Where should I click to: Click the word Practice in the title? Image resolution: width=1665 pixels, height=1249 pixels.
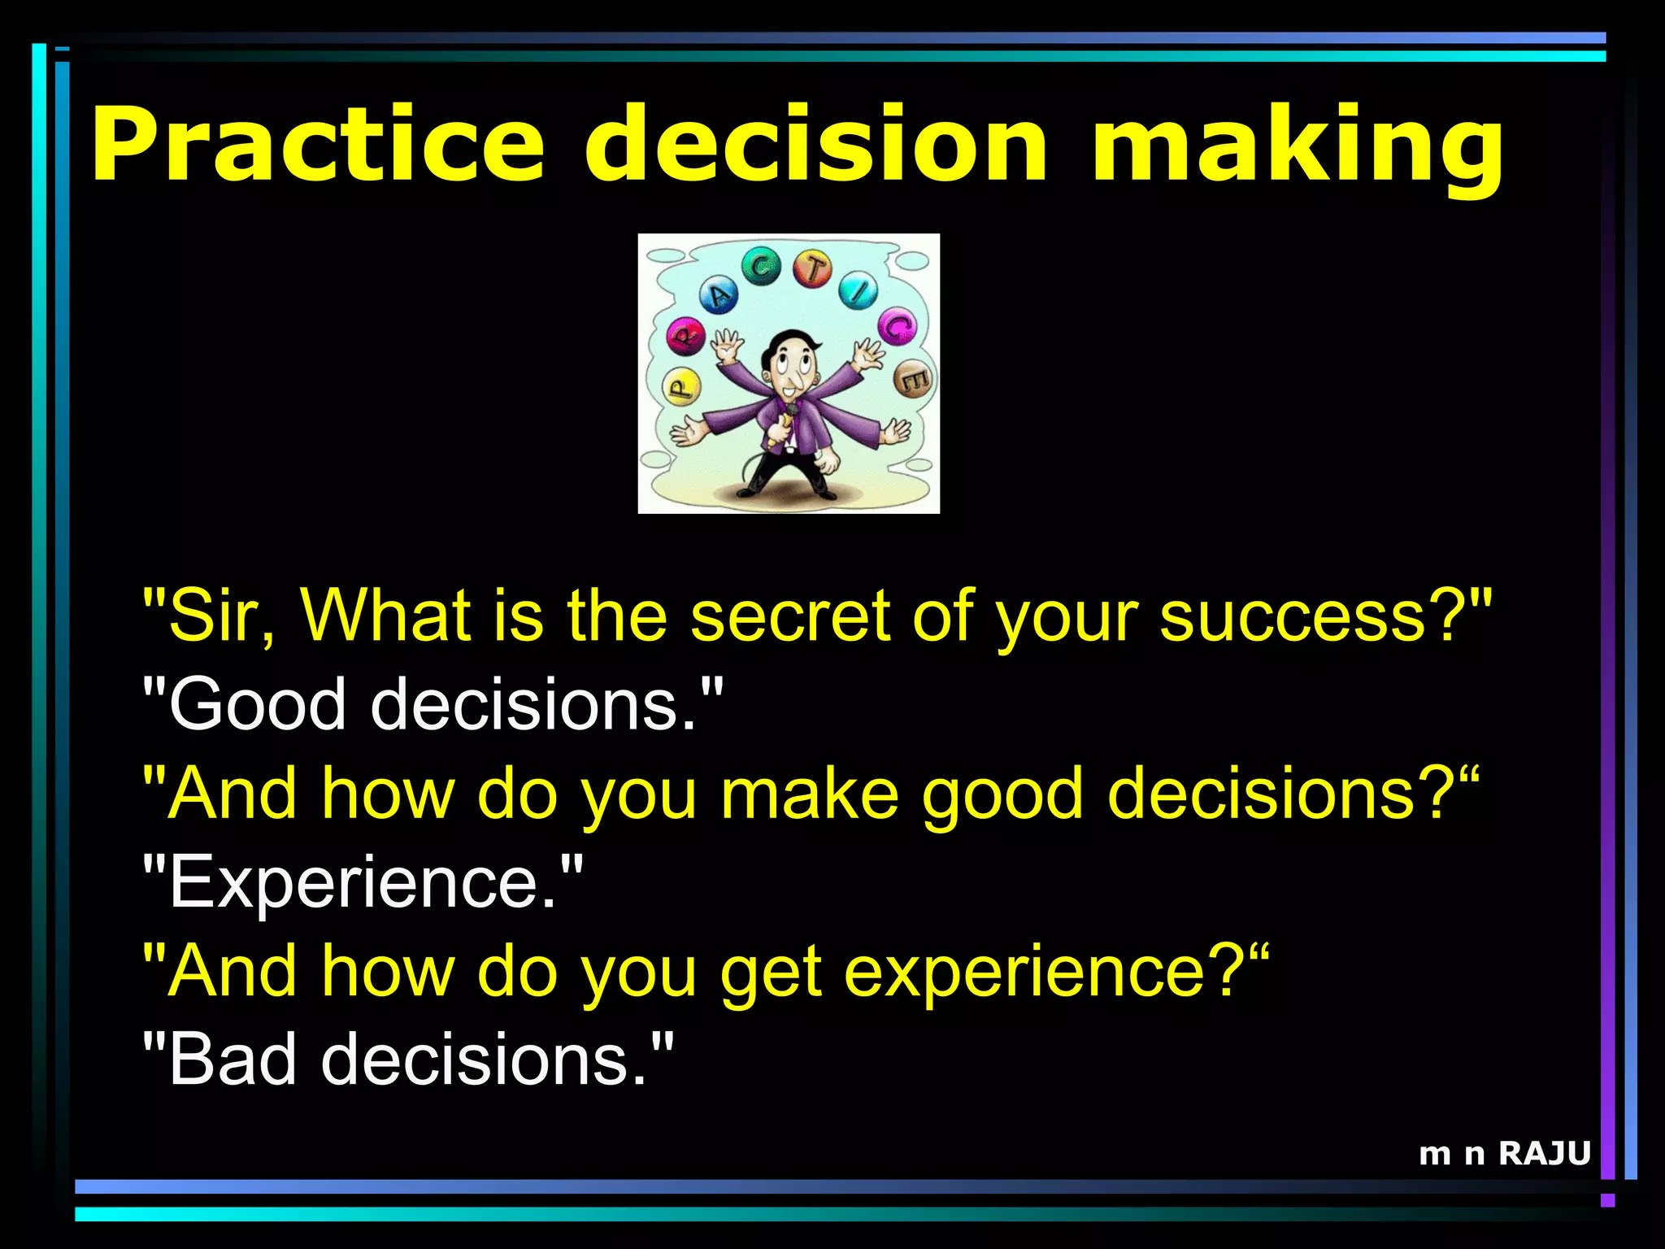317,145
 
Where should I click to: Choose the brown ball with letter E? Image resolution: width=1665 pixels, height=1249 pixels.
913,378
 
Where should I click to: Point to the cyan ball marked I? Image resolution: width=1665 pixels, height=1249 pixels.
859,290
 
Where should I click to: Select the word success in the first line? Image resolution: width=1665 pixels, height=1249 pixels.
1293,616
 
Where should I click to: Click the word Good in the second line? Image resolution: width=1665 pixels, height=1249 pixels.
257,704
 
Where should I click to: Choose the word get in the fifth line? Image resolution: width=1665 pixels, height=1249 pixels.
771,972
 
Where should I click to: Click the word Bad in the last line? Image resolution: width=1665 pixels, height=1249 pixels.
232,1060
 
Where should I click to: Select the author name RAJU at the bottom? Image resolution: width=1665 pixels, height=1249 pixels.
1544,1153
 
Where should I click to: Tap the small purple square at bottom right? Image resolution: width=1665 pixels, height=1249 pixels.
1607,1200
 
